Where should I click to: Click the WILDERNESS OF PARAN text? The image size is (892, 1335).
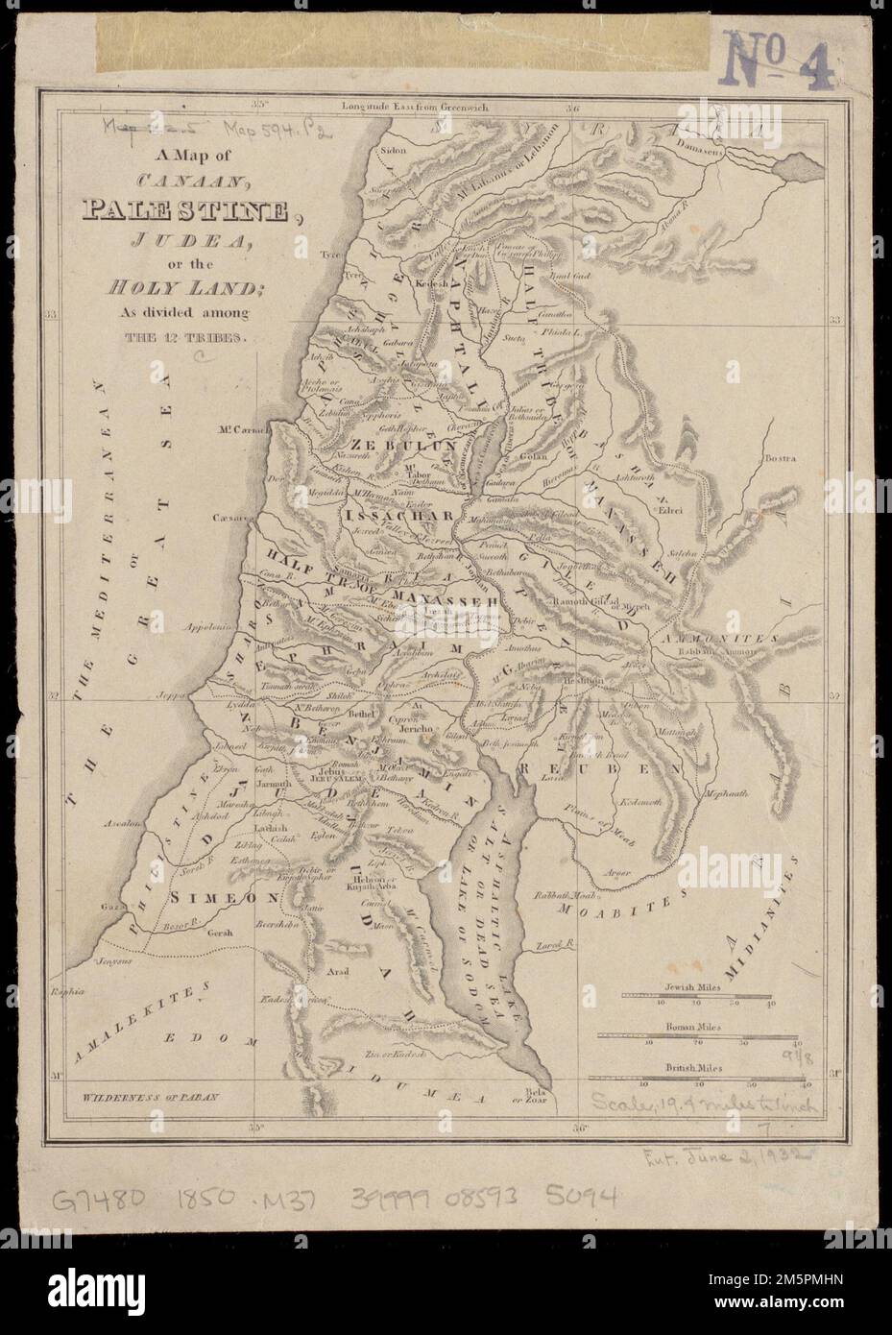151,1096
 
